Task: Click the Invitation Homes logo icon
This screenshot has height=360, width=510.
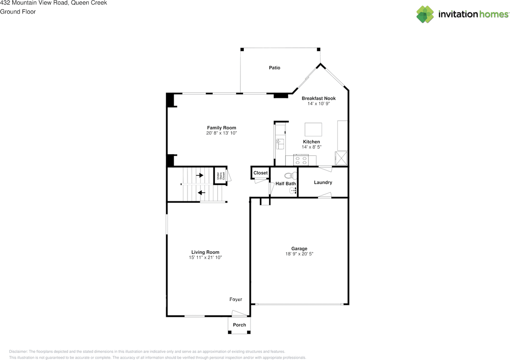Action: click(x=425, y=14)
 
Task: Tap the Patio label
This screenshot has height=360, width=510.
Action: click(x=275, y=68)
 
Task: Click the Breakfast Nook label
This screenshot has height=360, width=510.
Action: click(x=318, y=98)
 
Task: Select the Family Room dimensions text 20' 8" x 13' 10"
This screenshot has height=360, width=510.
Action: click(x=222, y=133)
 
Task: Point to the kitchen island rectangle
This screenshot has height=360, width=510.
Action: click(x=313, y=130)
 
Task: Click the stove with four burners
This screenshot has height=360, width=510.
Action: click(x=300, y=160)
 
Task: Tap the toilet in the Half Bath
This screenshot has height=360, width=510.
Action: click(x=290, y=175)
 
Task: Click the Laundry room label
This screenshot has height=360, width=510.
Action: click(x=323, y=183)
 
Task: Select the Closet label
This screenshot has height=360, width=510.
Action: click(x=261, y=173)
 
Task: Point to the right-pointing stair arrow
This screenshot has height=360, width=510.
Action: click(x=200, y=175)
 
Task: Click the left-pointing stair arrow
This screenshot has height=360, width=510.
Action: click(x=202, y=193)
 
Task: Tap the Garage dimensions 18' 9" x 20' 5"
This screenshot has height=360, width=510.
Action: click(x=299, y=254)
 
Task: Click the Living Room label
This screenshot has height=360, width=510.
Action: click(x=205, y=252)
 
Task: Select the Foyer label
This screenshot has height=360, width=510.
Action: click(x=235, y=299)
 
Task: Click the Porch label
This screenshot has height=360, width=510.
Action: click(x=239, y=325)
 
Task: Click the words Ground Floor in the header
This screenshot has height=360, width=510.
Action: click(x=18, y=12)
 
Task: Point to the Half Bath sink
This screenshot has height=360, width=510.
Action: click(x=293, y=191)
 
